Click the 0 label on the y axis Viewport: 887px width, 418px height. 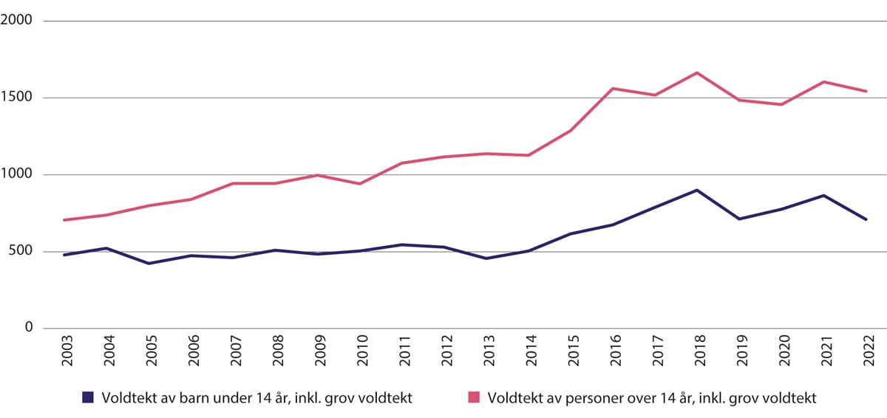27,328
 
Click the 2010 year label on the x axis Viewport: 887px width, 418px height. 359,354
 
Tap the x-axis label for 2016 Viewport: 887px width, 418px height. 613,354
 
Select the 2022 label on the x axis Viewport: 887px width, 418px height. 866,354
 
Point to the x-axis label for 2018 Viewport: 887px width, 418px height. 697,354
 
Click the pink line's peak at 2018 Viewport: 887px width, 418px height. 697,72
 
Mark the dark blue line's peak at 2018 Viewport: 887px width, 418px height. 697,190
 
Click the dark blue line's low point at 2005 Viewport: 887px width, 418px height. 149,264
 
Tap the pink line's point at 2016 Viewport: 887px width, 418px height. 613,89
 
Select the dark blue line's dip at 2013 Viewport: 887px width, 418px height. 486,258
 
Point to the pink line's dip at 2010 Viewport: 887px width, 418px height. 359,184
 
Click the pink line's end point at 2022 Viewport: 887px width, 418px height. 866,92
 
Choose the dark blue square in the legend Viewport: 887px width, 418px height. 88,397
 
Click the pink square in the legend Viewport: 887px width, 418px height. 475,397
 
